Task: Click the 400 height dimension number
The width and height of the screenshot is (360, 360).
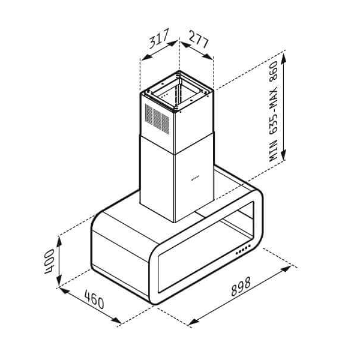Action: (52, 260)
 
